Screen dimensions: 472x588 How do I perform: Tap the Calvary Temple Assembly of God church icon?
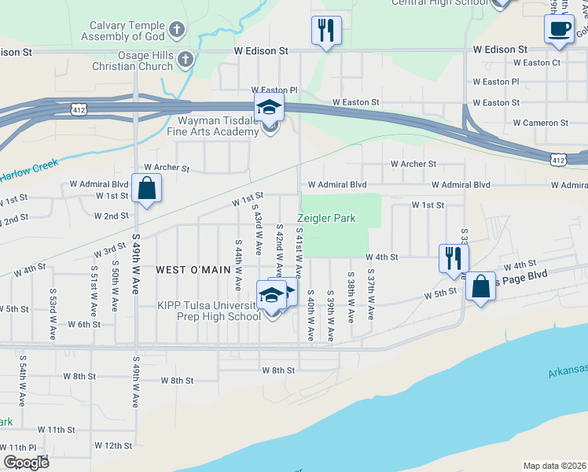(x=177, y=31)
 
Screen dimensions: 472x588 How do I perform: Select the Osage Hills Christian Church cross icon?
(x=186, y=59)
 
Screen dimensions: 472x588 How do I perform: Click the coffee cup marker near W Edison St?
(x=559, y=28)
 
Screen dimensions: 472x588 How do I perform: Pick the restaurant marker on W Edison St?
(x=326, y=30)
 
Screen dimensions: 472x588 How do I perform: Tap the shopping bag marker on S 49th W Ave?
(x=146, y=188)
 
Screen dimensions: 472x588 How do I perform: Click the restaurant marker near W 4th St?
(x=454, y=257)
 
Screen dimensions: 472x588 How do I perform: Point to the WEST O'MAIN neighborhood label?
(x=193, y=270)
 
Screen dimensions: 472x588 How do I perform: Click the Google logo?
(x=26, y=463)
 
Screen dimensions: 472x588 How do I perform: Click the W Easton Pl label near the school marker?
(x=274, y=90)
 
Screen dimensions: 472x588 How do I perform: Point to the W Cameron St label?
(x=540, y=123)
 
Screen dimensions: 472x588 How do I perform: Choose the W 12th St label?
(x=113, y=445)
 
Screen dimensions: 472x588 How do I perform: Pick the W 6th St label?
(x=84, y=324)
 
